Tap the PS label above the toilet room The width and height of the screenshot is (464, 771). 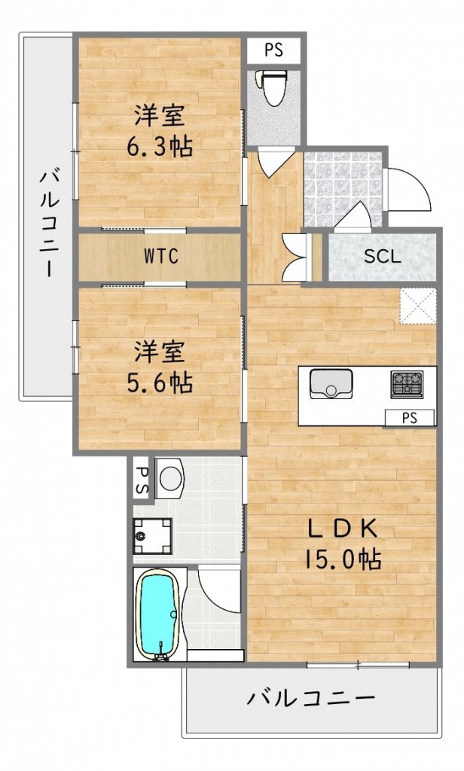pyautogui.click(x=273, y=51)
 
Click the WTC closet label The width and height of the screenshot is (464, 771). pyautogui.click(x=161, y=257)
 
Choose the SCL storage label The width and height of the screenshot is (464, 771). pyautogui.click(x=383, y=255)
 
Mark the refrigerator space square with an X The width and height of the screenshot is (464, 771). pyautogui.click(x=418, y=306)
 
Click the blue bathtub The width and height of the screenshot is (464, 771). pyautogui.click(x=156, y=614)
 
